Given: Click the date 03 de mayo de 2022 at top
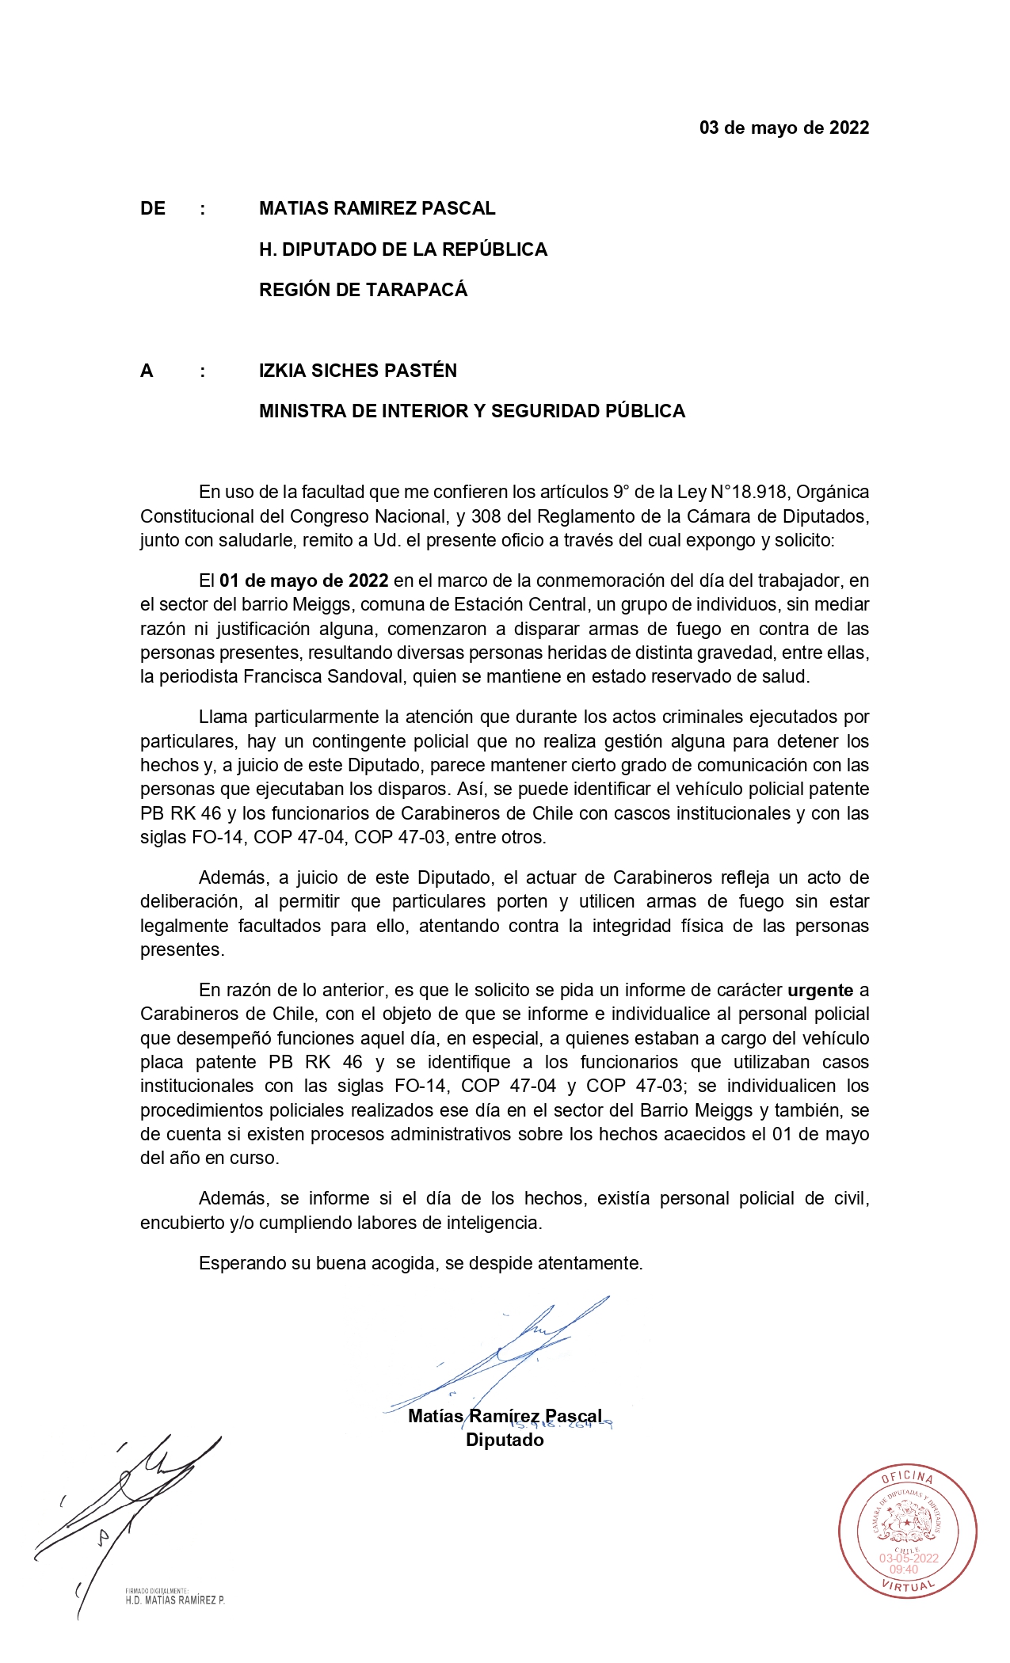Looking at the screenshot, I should tap(783, 127).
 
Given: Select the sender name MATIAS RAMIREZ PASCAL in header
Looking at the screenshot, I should tap(377, 208).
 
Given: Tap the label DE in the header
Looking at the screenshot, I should tap(153, 208).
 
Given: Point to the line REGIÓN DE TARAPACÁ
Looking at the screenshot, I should tap(363, 290).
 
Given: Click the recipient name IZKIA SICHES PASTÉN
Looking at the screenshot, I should tap(357, 371).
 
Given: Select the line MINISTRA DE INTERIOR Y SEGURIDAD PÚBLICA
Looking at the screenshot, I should tap(471, 411).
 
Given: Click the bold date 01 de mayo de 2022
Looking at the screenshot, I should tap(304, 580).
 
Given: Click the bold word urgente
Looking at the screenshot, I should tap(820, 990).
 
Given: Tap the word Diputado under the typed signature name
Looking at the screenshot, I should tap(505, 1440).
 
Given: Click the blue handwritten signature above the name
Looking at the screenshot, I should tap(507, 1354).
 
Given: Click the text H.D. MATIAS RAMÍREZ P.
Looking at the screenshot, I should tap(175, 1600).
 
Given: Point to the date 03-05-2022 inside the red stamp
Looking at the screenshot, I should tap(909, 1558).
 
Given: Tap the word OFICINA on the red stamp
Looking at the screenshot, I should tap(908, 1477).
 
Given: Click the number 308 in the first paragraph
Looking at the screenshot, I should tap(486, 516).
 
